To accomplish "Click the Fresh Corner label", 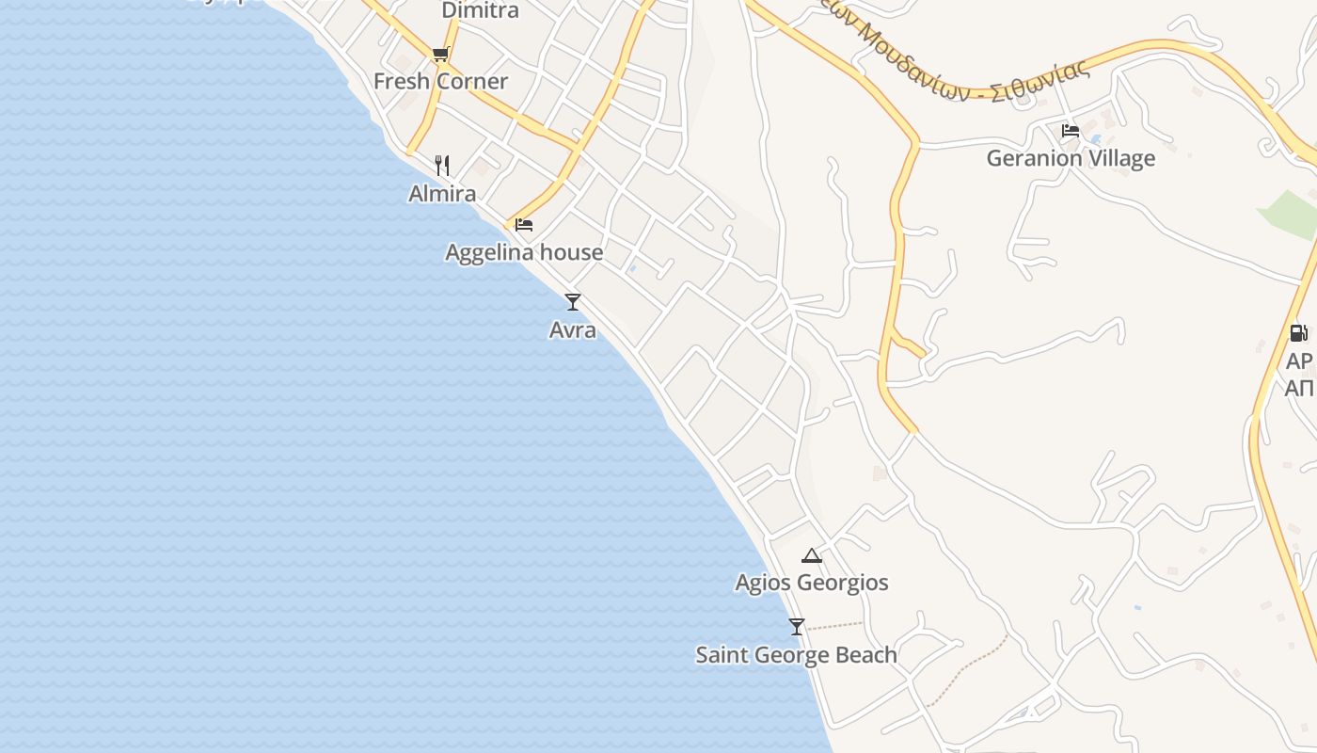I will [440, 82].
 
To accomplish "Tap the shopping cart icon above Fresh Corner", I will [440, 55].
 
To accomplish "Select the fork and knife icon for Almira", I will [442, 166].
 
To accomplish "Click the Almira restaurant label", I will [442, 194].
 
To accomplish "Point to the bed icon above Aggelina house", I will [524, 225].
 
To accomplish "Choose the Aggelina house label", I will [524, 252].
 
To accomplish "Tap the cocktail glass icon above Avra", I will [572, 302].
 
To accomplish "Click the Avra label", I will [572, 330].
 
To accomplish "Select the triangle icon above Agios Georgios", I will [812, 555].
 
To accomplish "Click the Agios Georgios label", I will [812, 583].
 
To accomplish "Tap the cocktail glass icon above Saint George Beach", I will [797, 627].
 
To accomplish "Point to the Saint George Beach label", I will [796, 655].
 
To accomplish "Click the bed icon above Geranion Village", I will [1071, 131].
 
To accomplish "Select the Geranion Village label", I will [1071, 158].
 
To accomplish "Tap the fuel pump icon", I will [1298, 332].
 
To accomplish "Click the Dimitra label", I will [480, 11].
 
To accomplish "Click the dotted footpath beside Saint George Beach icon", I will [835, 625].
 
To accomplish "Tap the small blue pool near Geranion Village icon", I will [1096, 139].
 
